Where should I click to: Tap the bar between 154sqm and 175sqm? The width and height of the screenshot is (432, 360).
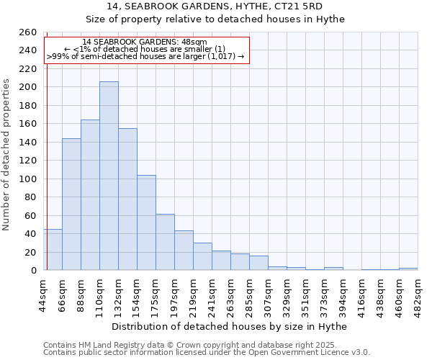pos(146,222)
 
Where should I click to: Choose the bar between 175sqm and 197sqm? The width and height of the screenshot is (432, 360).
pos(165,242)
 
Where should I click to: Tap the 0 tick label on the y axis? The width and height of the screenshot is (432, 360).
pos(34,271)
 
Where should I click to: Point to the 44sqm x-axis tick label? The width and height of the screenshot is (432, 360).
pos(44,294)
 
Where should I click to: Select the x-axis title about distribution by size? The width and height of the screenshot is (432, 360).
pos(230,327)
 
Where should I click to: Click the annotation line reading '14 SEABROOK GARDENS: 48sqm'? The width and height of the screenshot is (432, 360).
pos(145,42)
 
